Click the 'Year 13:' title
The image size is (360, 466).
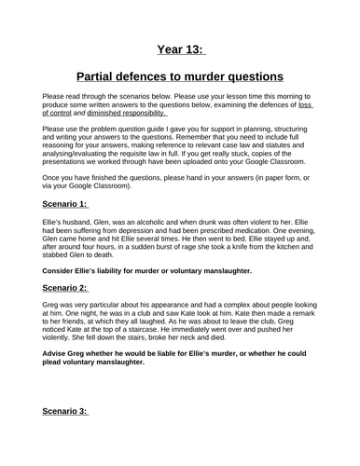179,49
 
